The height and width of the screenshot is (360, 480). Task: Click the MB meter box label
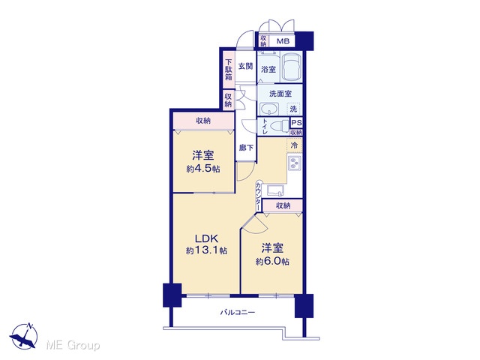click(x=283, y=41)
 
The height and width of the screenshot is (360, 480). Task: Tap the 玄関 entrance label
click(x=245, y=66)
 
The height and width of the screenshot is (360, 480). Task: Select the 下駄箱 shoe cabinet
click(x=229, y=70)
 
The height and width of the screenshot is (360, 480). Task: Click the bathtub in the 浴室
click(x=291, y=67)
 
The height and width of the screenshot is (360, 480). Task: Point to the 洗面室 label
click(x=280, y=94)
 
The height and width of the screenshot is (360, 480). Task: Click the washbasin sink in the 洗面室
click(x=269, y=109)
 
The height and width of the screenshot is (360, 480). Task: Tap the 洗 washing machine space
click(x=293, y=109)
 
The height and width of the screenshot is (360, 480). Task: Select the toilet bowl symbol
click(x=280, y=125)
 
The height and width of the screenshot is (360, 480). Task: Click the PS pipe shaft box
click(x=296, y=123)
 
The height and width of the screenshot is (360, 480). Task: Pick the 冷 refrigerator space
click(x=294, y=145)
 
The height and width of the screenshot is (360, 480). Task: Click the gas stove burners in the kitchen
click(x=295, y=163)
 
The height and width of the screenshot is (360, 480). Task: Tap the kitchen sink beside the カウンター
click(x=275, y=190)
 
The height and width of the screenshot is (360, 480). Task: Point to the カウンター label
click(x=258, y=196)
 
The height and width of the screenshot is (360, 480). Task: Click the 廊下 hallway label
click(x=246, y=148)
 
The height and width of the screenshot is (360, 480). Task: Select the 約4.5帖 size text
click(x=203, y=169)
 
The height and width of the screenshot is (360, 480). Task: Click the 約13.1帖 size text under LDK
click(x=206, y=250)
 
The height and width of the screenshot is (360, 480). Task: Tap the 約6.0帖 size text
click(x=272, y=262)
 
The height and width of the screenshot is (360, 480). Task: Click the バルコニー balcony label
click(x=238, y=313)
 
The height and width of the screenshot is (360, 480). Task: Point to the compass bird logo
click(x=24, y=336)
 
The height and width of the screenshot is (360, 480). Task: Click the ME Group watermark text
click(x=73, y=345)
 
